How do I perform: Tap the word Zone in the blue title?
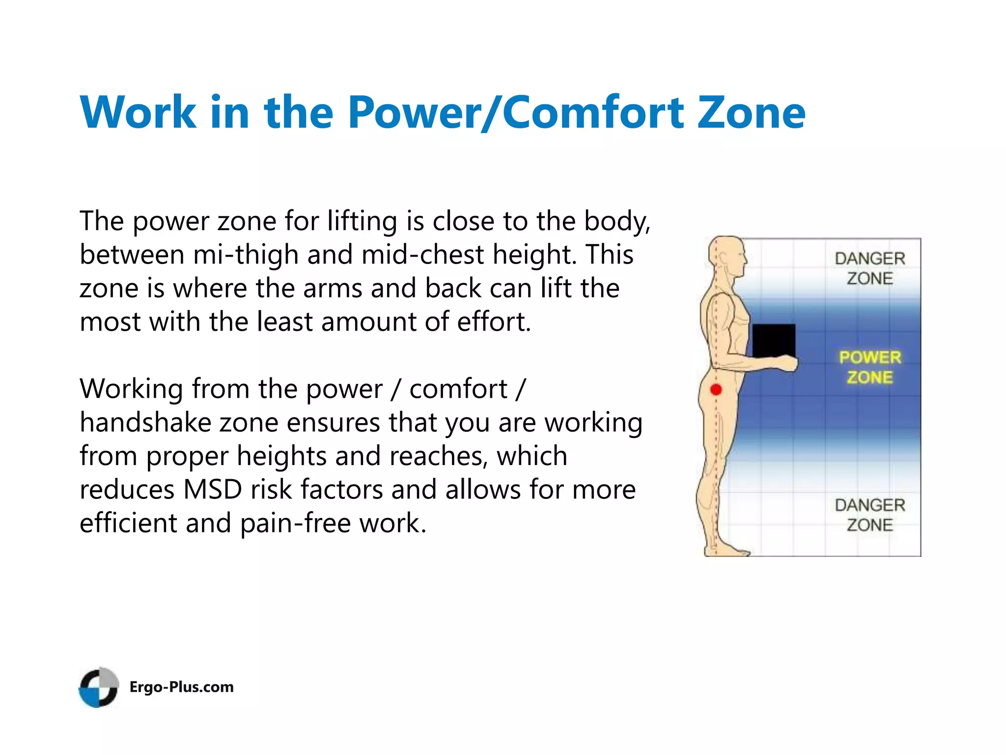(x=752, y=113)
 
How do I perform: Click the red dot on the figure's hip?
(x=716, y=390)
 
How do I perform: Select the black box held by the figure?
(x=774, y=341)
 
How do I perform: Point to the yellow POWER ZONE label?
(x=870, y=367)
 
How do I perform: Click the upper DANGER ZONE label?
(x=870, y=268)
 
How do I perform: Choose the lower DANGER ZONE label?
(x=870, y=515)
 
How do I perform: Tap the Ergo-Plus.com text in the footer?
(x=181, y=687)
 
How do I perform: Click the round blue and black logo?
(x=99, y=687)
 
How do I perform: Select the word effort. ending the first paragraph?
(x=494, y=322)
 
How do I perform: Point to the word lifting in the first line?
(x=362, y=221)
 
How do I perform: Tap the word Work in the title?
(x=138, y=113)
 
